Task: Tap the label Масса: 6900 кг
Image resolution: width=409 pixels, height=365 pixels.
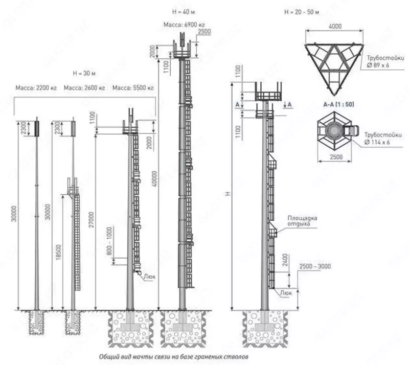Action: [184, 25]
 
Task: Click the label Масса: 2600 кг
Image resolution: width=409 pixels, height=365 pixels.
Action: [85, 88]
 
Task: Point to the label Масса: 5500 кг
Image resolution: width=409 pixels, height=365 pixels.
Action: [133, 88]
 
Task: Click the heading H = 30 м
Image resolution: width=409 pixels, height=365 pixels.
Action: [85, 73]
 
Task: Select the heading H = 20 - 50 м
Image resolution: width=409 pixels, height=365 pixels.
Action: [301, 12]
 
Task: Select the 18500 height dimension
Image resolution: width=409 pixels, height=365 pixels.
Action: [60, 250]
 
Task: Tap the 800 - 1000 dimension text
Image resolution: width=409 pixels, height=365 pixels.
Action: [108, 242]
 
